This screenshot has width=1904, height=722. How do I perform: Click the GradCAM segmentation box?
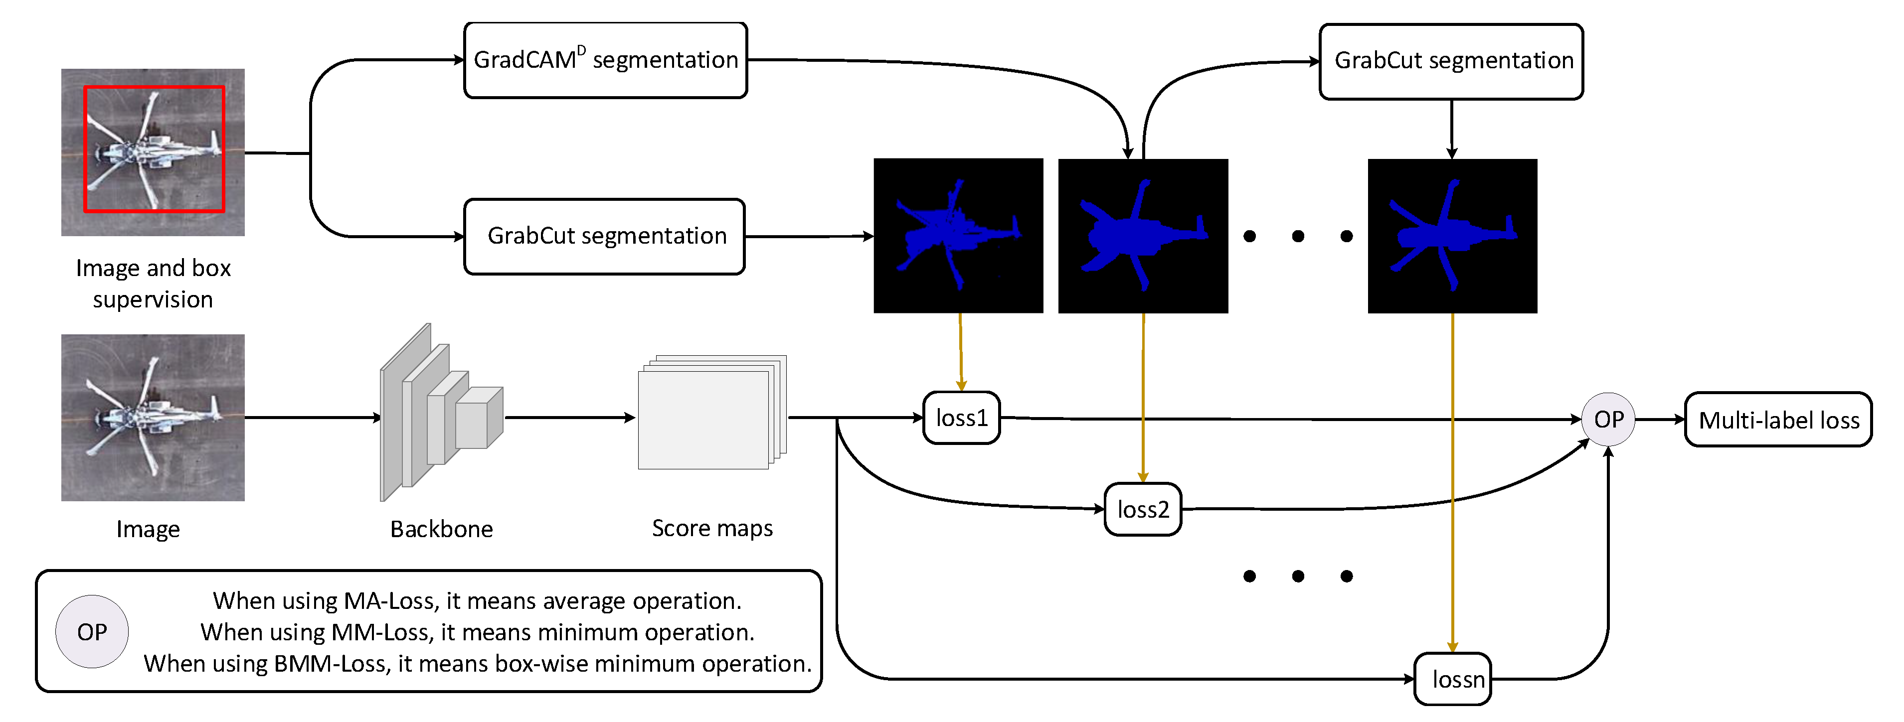click(605, 60)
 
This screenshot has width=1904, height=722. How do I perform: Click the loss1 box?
click(962, 418)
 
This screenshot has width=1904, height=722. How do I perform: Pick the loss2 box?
click(1143, 510)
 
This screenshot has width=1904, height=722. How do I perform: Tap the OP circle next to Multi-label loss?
click(1608, 420)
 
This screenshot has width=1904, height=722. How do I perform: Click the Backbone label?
click(441, 529)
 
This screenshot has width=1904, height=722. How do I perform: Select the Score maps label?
click(712, 528)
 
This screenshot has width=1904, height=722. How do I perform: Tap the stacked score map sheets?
click(709, 414)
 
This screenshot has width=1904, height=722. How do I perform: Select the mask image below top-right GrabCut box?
click(1452, 236)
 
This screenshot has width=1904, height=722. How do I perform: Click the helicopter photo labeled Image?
click(153, 418)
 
